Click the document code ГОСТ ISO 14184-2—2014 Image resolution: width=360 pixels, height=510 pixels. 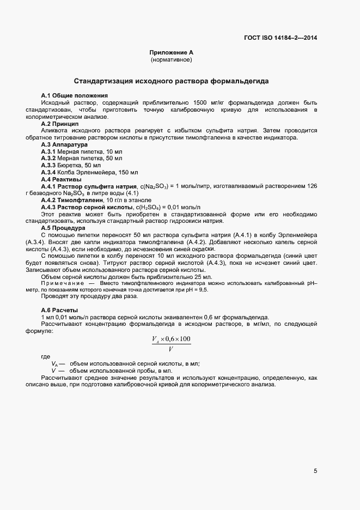[280, 38]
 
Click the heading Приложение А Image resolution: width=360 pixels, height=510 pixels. [172, 52]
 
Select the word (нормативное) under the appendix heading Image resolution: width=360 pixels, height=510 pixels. [172, 59]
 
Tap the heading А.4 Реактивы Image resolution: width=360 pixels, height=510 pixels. [62, 179]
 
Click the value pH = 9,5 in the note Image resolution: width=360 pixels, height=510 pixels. [197, 290]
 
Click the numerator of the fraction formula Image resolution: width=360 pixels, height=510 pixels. [171, 339]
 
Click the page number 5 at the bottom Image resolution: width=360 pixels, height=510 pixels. [315, 471]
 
